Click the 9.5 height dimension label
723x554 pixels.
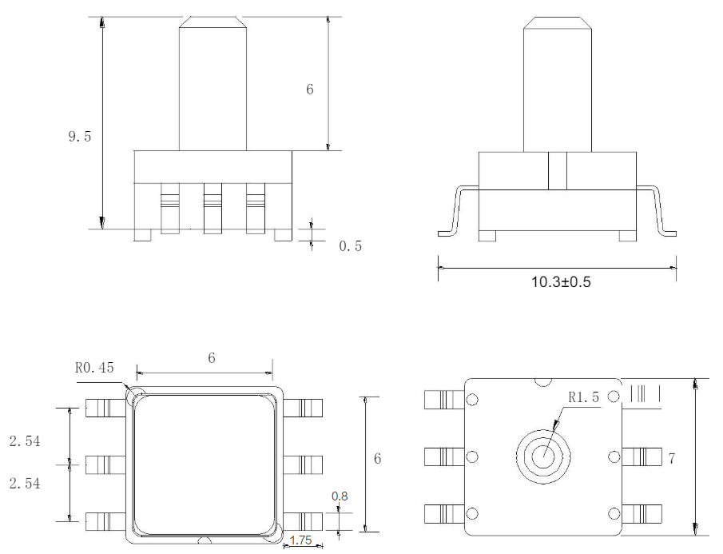click(80, 137)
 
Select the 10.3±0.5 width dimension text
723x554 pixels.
click(561, 282)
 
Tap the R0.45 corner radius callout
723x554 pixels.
click(94, 368)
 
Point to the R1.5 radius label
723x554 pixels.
click(583, 397)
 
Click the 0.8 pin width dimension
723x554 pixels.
click(340, 496)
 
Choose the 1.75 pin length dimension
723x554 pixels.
click(300, 540)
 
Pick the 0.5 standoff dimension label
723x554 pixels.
click(351, 246)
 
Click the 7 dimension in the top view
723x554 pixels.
click(671, 459)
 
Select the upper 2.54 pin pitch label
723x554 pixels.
click(25, 441)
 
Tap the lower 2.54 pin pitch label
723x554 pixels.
click(25, 484)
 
